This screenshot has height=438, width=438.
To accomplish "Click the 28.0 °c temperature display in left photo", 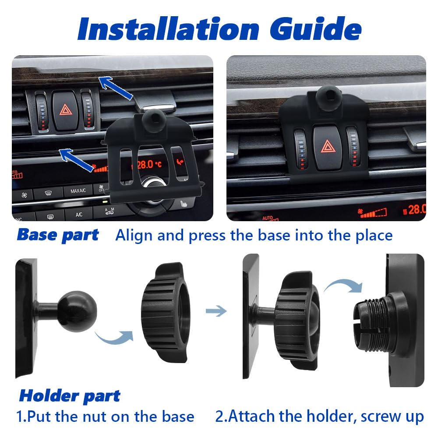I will click(149, 165).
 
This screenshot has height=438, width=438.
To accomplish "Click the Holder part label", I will click(69, 396).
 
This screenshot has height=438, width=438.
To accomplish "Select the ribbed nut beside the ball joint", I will click(162, 312).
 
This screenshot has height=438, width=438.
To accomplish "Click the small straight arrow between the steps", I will click(216, 311).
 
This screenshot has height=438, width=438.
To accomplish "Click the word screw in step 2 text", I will click(380, 416).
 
